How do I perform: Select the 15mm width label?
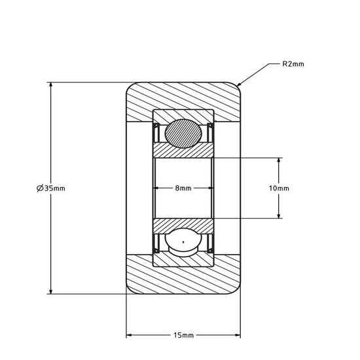coord(184,335)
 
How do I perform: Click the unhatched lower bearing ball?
coord(184,243)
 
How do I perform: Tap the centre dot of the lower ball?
coord(184,243)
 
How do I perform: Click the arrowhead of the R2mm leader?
coord(240,85)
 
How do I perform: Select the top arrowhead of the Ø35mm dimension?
coord(51,85)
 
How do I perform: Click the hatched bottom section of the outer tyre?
coord(184,280)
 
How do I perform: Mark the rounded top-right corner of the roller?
coord(237,86)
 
